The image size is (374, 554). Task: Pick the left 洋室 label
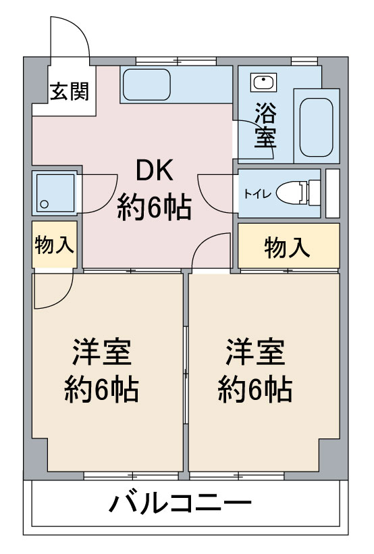pos(102,353)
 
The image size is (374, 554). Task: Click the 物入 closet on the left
pos(54,244)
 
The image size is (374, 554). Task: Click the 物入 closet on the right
pos(288,247)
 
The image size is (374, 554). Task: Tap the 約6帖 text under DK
pos(155,207)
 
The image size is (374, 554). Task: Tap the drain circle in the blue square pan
pos(45,203)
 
